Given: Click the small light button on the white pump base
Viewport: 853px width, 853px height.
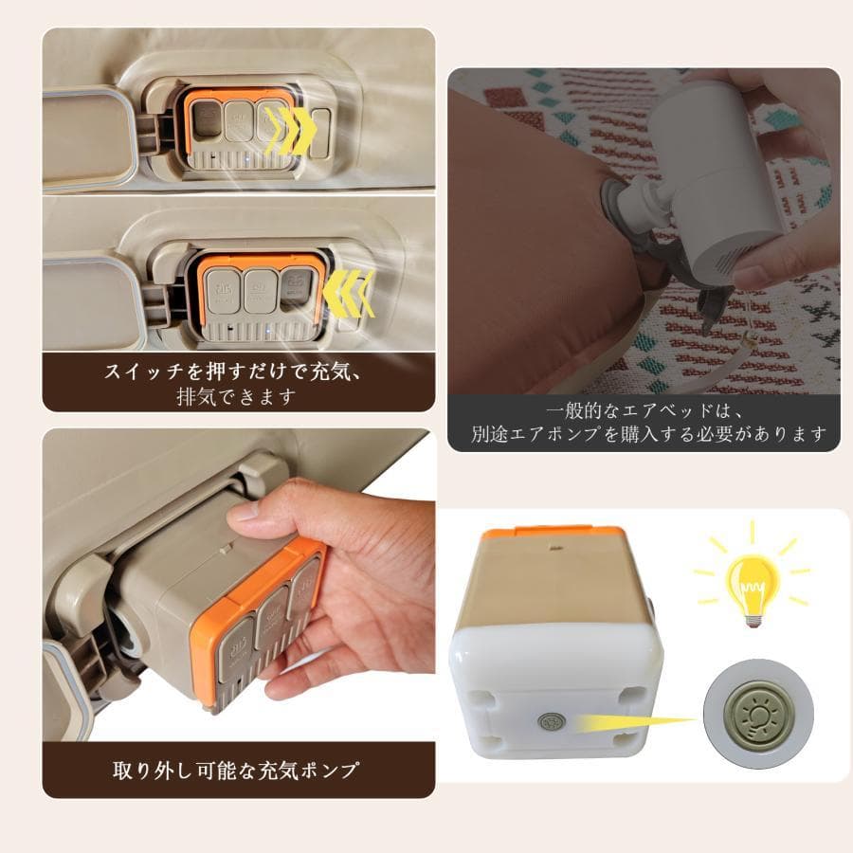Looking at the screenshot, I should point(548,721).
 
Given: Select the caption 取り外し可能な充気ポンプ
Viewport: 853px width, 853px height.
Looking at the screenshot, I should point(236,770).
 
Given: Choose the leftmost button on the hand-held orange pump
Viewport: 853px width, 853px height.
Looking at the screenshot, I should point(229,655).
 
